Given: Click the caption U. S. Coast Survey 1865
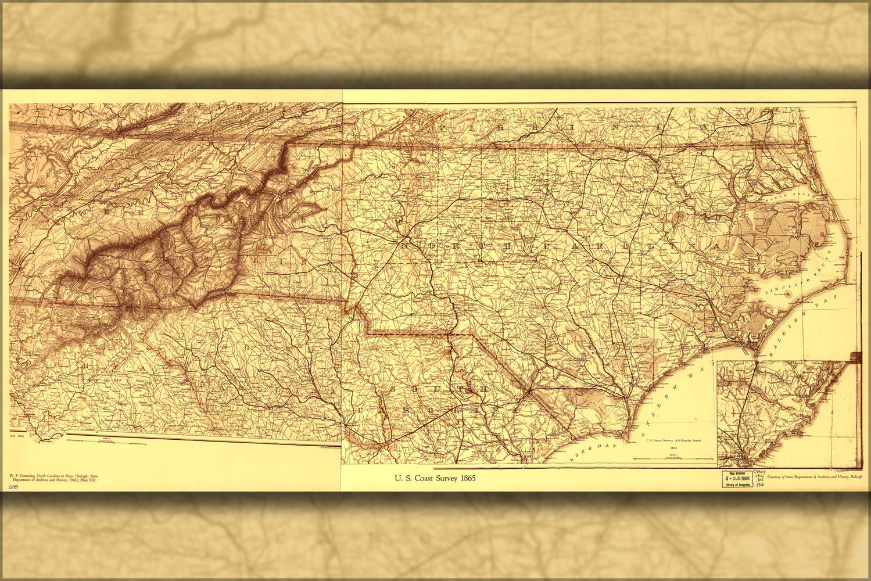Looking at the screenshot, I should click(435, 478).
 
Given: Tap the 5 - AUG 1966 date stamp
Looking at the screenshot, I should click(737, 478).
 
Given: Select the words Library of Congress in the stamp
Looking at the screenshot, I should click(737, 484).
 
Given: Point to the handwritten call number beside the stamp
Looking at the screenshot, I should click(759, 479).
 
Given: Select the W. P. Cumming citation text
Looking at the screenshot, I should click(53, 478).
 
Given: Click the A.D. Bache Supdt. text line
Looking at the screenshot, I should click(674, 441).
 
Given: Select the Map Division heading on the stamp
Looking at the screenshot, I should click(737, 472).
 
